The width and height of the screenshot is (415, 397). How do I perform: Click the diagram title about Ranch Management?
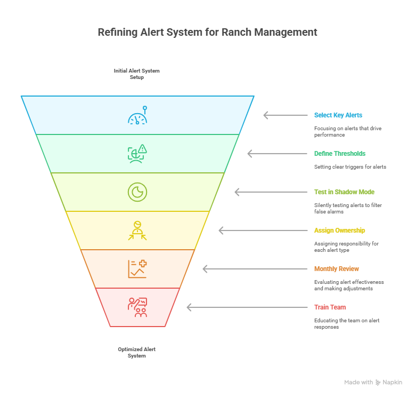(x=207, y=32)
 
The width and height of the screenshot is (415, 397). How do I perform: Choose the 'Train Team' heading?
(x=330, y=307)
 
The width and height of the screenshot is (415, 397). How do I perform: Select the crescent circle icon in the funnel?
(x=137, y=192)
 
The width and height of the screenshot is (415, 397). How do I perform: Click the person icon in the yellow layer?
(x=137, y=231)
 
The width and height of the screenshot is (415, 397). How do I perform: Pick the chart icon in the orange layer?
(x=137, y=269)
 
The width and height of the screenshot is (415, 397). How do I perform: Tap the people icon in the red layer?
(x=137, y=307)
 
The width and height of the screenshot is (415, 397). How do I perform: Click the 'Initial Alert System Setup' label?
(x=137, y=74)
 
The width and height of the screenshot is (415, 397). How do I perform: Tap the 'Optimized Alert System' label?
(x=137, y=352)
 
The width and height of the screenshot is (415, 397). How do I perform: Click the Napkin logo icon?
(x=378, y=383)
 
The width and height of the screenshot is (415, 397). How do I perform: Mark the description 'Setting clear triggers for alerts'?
(x=350, y=167)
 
